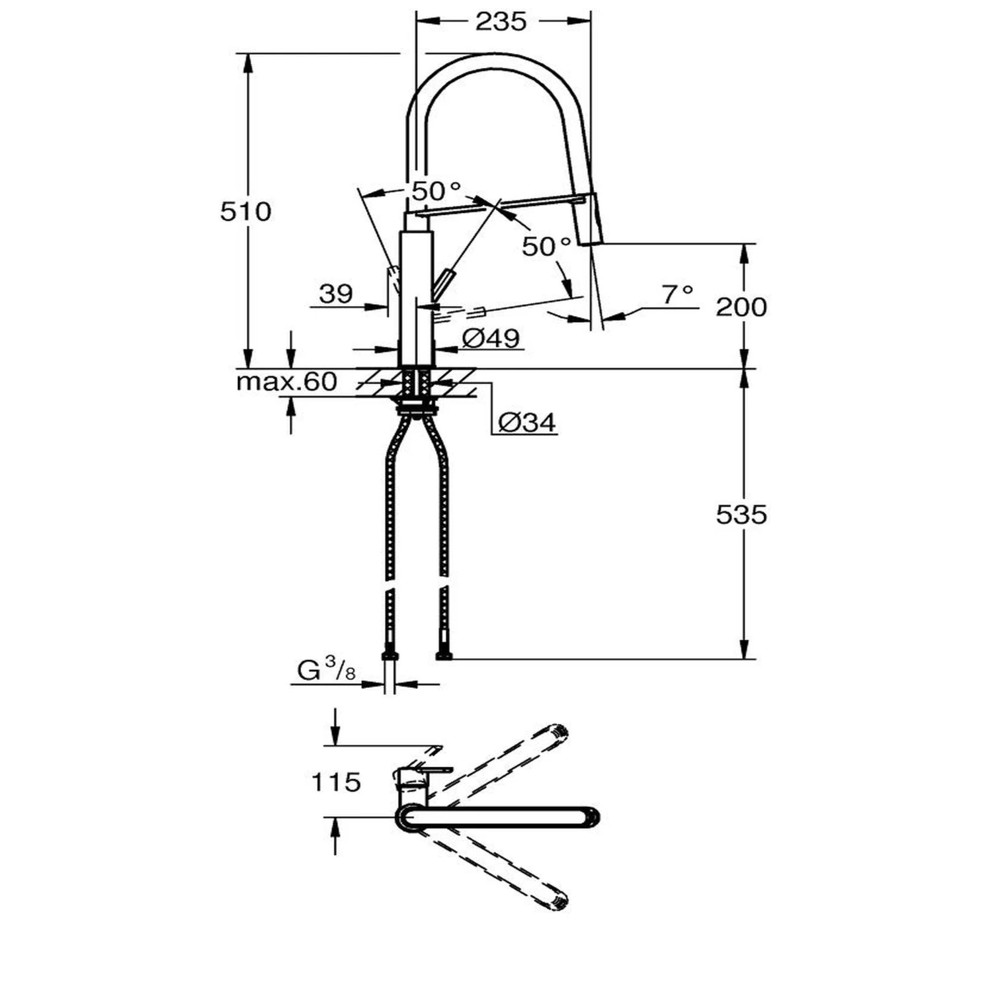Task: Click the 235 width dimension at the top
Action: [501, 22]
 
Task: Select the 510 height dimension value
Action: [246, 212]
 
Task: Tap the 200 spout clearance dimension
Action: [741, 307]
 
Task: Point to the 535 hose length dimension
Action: [741, 515]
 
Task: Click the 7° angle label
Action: [679, 294]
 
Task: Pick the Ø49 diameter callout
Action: [491, 339]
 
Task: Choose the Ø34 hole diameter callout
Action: [528, 422]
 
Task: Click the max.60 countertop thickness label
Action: [287, 382]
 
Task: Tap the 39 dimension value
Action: [336, 294]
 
